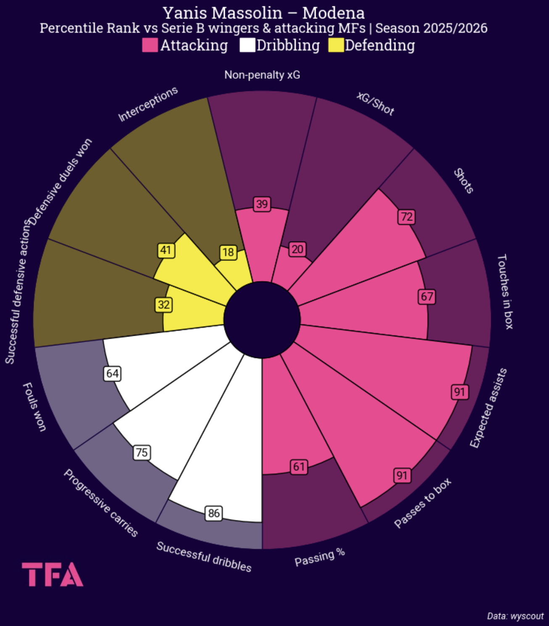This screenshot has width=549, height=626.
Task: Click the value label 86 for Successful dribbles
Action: [x=214, y=513]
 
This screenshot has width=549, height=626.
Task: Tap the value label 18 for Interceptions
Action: [x=228, y=252]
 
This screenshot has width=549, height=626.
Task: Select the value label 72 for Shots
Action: [x=406, y=217]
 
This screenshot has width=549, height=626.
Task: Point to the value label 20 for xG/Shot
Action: [x=297, y=249]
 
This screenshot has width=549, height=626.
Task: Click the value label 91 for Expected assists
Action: [x=459, y=392]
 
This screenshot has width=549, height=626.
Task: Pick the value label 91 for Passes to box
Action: [x=402, y=475]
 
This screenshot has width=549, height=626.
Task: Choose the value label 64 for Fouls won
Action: [x=112, y=374]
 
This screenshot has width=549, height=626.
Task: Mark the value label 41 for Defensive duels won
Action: [x=166, y=250]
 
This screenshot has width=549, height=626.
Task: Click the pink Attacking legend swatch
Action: [x=150, y=45]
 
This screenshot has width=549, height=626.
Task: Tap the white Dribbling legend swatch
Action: [x=247, y=45]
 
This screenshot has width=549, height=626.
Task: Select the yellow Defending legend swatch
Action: [x=336, y=45]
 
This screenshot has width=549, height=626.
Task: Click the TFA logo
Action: [x=53, y=574]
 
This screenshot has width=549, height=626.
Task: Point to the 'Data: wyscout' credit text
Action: [x=515, y=616]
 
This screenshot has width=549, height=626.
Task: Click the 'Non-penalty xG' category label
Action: [x=262, y=75]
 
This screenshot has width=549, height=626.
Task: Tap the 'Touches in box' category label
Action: [x=505, y=292]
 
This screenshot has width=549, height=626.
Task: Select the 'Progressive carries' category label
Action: [x=101, y=503]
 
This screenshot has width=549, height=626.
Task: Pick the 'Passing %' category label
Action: [x=319, y=557]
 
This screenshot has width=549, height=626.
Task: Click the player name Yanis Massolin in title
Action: [x=222, y=13]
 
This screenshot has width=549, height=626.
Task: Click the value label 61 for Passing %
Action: [x=299, y=467]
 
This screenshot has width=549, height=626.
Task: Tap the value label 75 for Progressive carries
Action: [x=142, y=452]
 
